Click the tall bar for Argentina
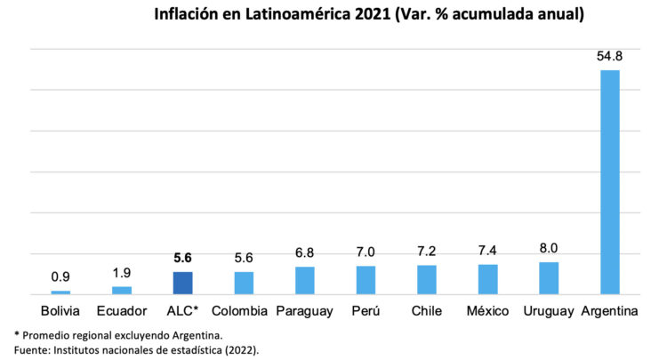(x=610, y=181)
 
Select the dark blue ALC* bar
(x=182, y=283)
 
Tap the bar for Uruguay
(x=549, y=278)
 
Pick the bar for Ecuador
(x=122, y=290)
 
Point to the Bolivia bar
(x=60, y=292)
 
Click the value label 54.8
(x=610, y=56)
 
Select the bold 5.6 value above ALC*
(x=182, y=258)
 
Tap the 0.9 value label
(x=60, y=277)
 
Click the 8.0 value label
(x=549, y=248)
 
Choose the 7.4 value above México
(x=488, y=251)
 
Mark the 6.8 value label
(x=305, y=252)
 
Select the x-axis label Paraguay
(x=305, y=311)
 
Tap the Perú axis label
(x=366, y=311)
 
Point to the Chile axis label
(x=427, y=311)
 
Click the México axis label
(x=488, y=311)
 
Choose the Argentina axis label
(x=610, y=311)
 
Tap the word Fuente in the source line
(x=34, y=349)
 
